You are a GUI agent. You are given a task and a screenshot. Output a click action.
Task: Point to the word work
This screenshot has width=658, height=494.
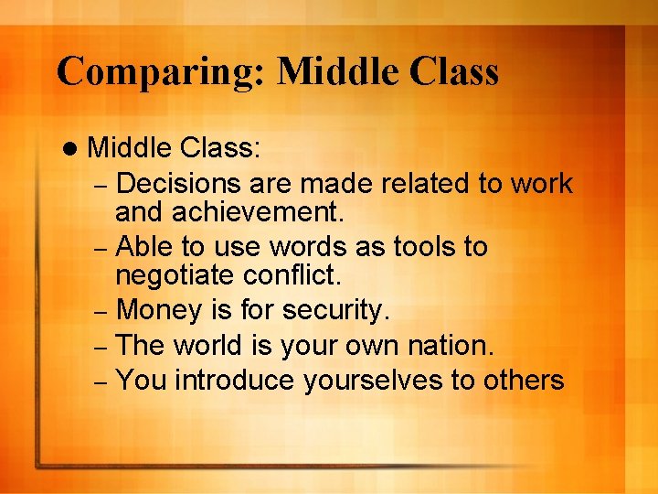[541, 184]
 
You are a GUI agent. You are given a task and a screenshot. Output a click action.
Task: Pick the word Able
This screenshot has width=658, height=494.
[142, 247]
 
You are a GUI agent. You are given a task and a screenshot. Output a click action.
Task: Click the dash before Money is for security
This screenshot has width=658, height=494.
[102, 313]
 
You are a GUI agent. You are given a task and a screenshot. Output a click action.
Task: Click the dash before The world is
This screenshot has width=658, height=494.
[102, 348]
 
